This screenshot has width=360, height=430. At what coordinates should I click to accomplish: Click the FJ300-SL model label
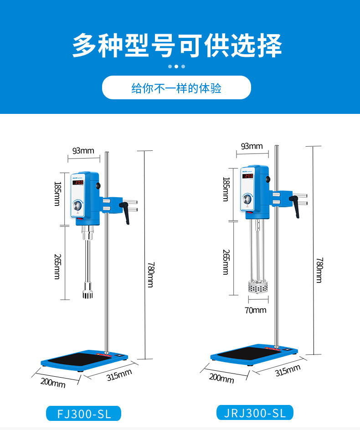83,414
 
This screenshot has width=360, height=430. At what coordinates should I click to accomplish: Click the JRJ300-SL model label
255,413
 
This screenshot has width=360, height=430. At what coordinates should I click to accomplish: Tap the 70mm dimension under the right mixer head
255,310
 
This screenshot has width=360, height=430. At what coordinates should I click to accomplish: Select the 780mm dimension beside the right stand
319,270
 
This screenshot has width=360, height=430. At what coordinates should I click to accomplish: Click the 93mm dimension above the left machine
83,150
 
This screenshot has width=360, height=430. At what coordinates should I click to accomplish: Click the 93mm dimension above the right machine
252,146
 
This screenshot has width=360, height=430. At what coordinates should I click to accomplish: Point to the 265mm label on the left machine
57,266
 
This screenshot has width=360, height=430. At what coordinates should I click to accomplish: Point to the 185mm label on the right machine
226,189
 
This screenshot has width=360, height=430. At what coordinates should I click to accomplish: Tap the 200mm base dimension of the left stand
53,383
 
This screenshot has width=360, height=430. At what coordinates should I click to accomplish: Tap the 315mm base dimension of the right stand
288,370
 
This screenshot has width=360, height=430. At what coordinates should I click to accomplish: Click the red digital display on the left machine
78,182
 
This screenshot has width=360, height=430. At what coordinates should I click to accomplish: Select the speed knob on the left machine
78,206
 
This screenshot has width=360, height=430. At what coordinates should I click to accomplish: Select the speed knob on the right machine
247,200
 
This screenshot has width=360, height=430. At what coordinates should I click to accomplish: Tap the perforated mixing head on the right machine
257,287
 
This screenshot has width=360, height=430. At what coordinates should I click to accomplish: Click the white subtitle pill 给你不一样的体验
176,88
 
